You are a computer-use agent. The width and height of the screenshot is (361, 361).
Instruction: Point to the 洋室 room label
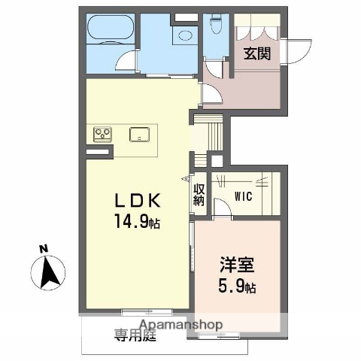coord(237,265)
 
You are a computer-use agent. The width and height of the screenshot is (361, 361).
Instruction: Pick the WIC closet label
coord(242,197)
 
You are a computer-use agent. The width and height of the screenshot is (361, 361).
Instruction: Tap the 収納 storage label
coord(199,195)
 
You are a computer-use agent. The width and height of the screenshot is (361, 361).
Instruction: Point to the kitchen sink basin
coord(140,135)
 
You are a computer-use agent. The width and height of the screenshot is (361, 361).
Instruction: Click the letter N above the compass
coord(44,248)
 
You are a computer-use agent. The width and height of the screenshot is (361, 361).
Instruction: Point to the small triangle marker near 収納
coord(187,179)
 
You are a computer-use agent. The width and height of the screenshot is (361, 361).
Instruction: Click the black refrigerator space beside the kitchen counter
coord(96,153)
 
